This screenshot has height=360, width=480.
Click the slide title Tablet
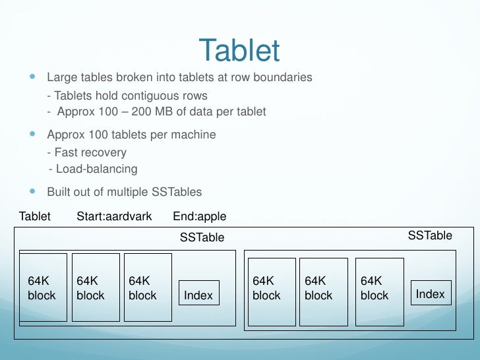(239, 51)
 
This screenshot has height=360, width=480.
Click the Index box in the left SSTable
(198, 295)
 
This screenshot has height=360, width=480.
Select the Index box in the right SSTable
(431, 293)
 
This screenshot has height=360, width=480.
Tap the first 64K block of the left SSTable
(43, 287)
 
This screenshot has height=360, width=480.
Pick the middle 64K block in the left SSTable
(96, 287)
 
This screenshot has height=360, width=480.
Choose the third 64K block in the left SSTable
(148, 287)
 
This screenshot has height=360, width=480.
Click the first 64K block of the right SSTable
(272, 292)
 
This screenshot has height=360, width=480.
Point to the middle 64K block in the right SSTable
(323, 292)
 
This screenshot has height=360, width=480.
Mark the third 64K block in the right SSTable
(380, 292)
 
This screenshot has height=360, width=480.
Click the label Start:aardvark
(114, 216)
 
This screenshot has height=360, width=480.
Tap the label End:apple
(199, 216)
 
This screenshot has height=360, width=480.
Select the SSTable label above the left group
(202, 237)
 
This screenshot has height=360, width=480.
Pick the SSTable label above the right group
(430, 235)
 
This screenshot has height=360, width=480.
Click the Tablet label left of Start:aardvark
(35, 216)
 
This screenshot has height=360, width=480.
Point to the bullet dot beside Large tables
(32, 76)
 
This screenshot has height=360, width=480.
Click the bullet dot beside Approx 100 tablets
(32, 134)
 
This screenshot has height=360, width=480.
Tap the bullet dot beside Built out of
(32, 191)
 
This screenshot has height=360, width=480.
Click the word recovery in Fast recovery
(104, 152)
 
